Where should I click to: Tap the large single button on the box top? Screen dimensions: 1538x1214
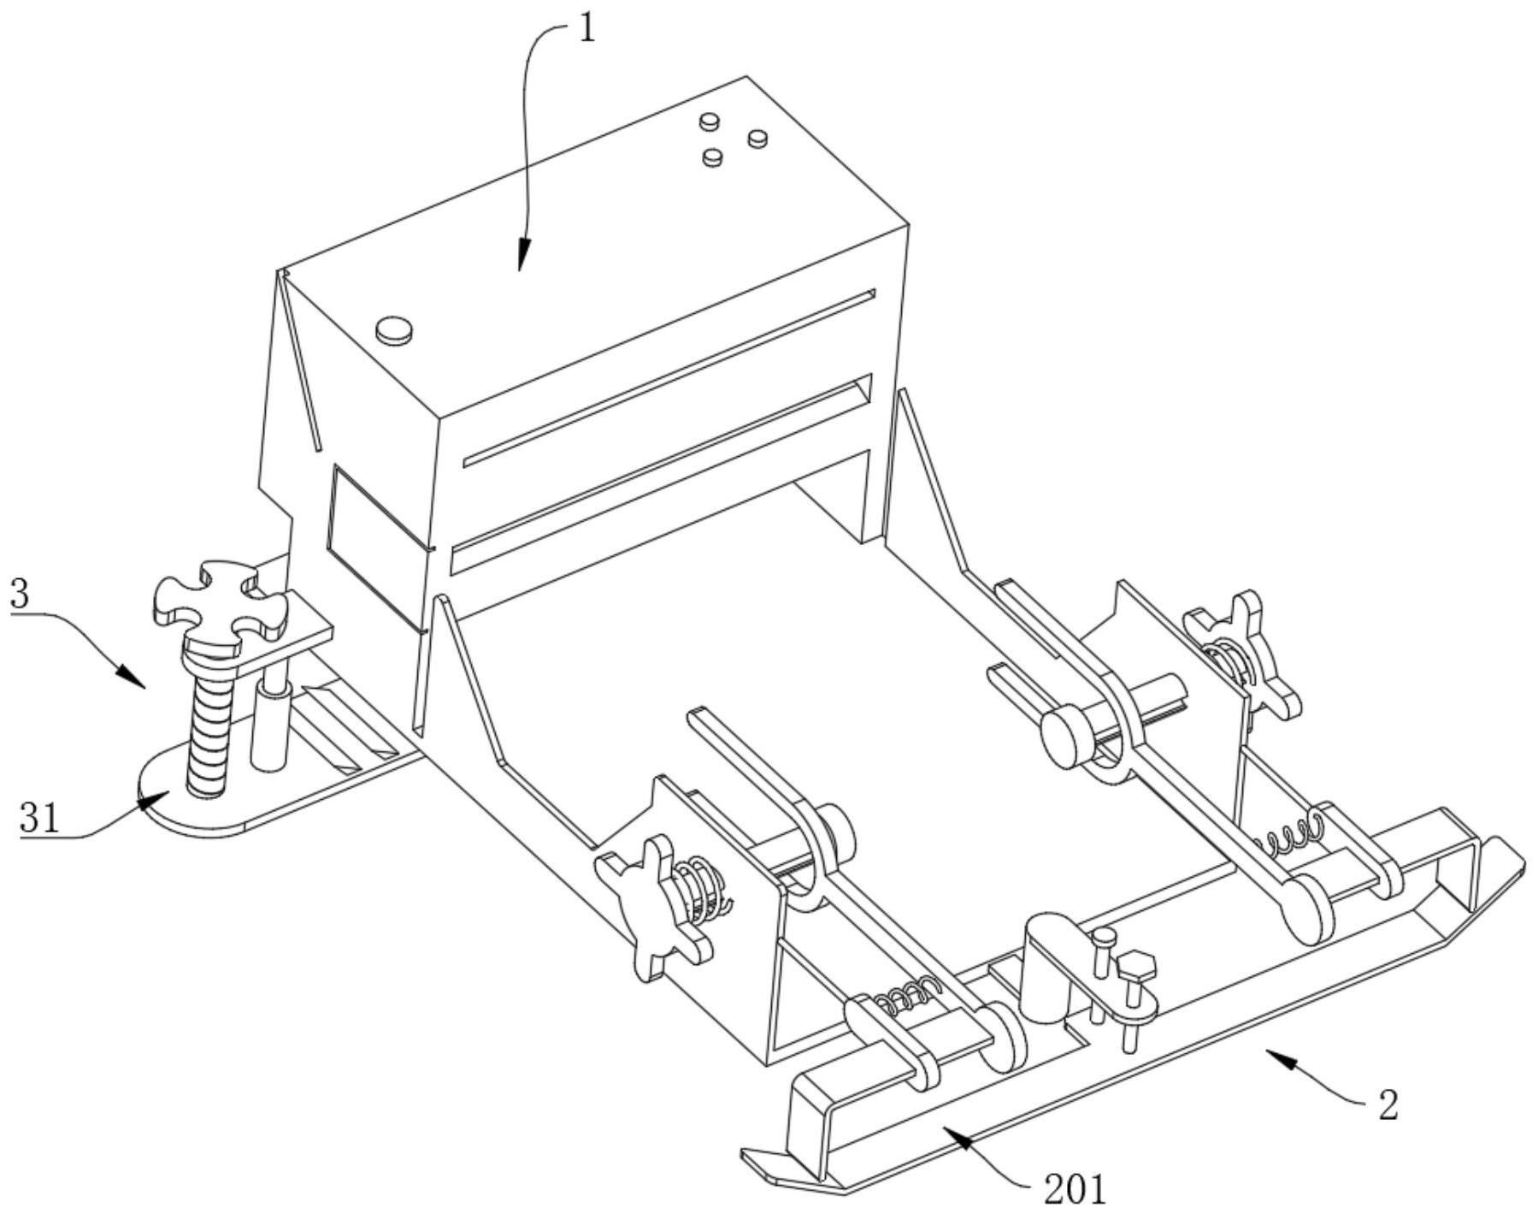394,330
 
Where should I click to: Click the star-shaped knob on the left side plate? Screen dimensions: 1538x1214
654,906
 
